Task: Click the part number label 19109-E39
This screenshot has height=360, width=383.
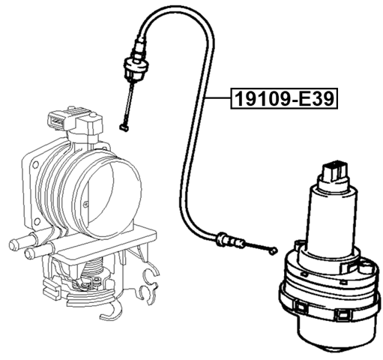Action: point(284,98)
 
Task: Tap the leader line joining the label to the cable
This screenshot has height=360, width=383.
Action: point(217,98)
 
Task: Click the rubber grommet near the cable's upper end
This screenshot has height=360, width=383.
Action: point(136,67)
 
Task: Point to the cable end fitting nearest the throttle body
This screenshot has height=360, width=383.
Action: point(124,128)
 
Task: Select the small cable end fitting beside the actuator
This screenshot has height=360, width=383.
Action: point(273,250)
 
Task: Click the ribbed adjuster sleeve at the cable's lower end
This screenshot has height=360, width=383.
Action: point(230,240)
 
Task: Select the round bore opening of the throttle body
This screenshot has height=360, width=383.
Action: point(108,194)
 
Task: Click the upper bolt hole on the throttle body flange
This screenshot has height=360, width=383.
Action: point(35,165)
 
